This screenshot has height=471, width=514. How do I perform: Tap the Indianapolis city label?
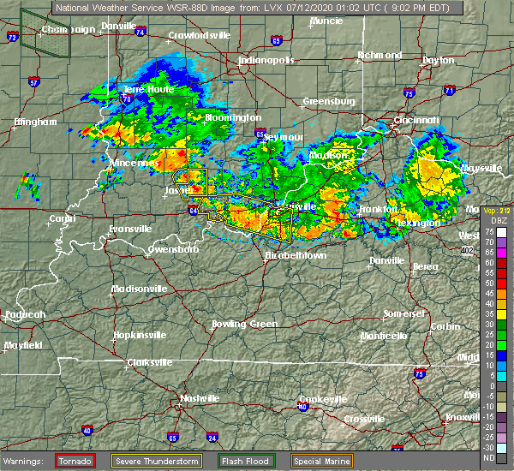click(x=266, y=61)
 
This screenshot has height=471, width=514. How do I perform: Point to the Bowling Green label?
click(x=245, y=324)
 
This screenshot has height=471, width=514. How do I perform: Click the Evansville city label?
click(x=130, y=229)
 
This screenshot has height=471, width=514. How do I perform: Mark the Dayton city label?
click(x=439, y=61)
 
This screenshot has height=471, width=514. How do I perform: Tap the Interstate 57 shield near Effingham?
click(x=33, y=82)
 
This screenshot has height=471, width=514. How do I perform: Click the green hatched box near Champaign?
click(x=45, y=34)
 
